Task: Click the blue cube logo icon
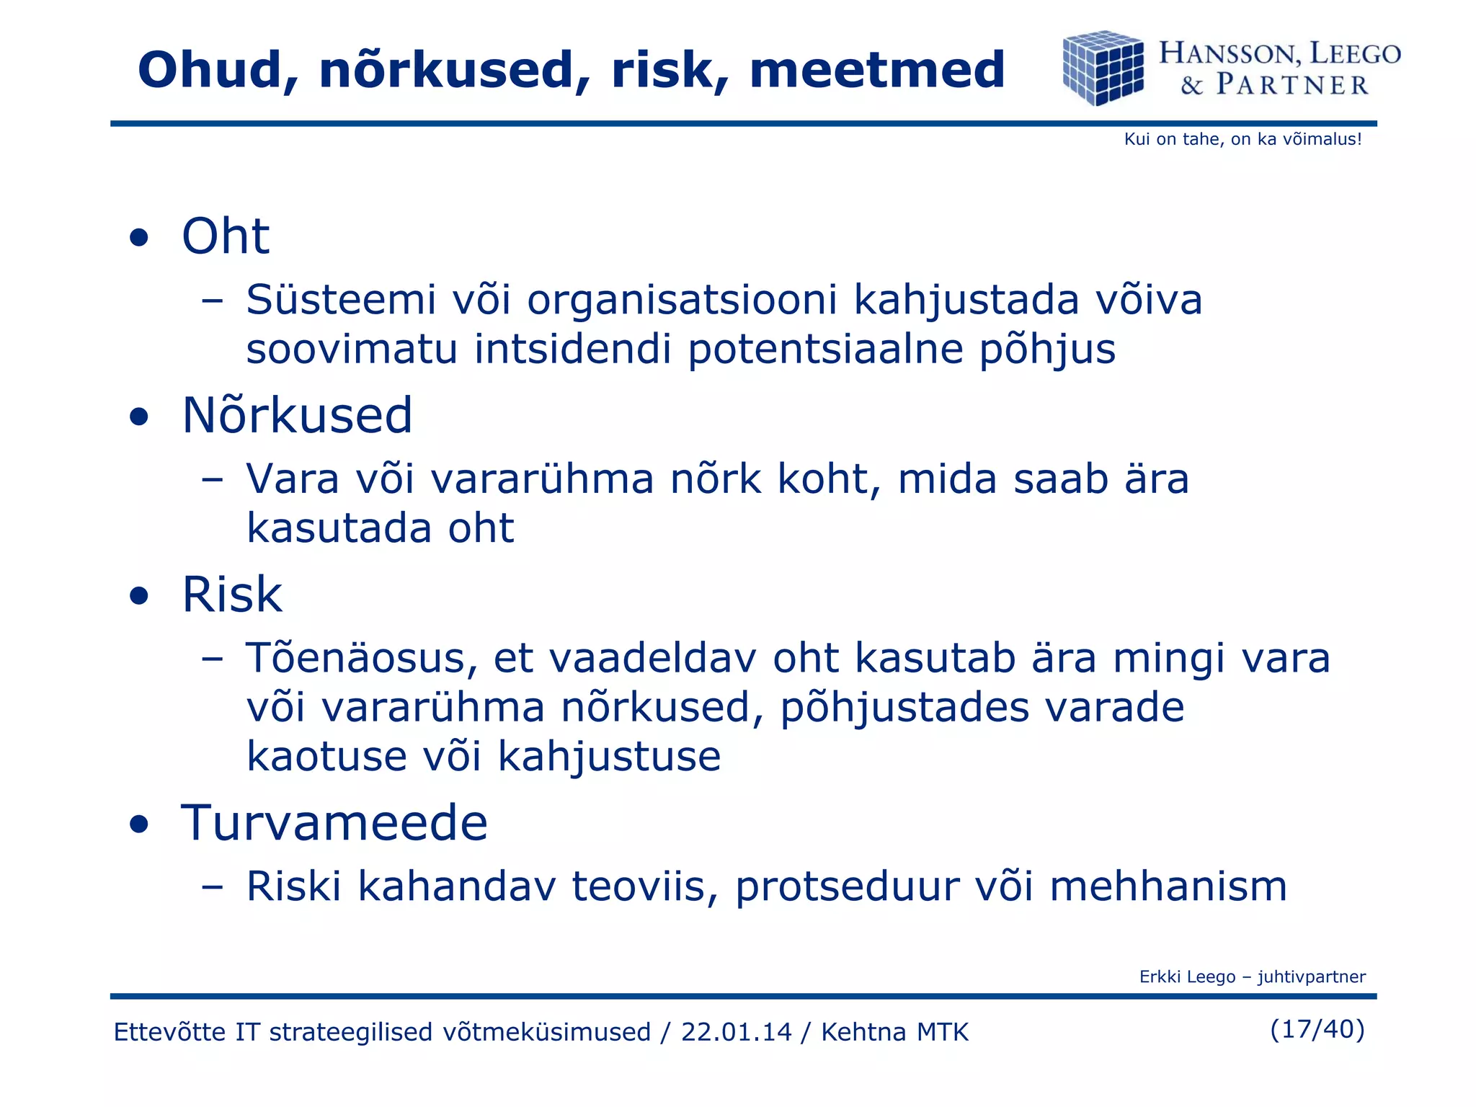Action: [x=1103, y=68]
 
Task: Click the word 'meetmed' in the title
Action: [x=876, y=71]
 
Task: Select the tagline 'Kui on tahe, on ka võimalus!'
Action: [x=1242, y=139]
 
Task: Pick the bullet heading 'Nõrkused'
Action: [x=297, y=416]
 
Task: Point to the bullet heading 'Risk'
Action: [x=232, y=595]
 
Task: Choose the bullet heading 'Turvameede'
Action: [x=334, y=823]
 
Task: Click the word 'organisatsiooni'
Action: [x=682, y=300]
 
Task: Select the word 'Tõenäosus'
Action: [x=362, y=659]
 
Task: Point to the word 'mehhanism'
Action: [x=1168, y=886]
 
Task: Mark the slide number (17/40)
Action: [x=1317, y=1029]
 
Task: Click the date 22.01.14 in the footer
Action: [x=736, y=1032]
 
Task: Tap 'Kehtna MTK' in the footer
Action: [x=894, y=1032]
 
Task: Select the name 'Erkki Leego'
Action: [x=1187, y=977]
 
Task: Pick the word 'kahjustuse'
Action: [x=609, y=757]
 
